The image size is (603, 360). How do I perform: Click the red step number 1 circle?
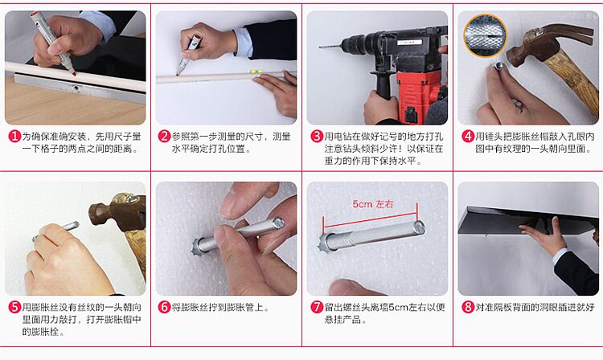14,137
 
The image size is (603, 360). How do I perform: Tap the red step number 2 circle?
164,137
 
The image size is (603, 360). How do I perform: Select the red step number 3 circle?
316,137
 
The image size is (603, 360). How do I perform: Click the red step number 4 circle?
467,137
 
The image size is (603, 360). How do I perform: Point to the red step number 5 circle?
14,307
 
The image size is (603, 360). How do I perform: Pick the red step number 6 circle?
164,307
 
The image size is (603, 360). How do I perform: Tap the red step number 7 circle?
316,307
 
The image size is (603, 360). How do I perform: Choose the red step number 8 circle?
467,307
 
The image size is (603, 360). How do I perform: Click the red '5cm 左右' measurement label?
373,204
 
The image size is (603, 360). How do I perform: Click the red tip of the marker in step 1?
73,72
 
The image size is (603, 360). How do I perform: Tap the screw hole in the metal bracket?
76,88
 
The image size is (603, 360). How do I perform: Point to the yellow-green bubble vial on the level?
256,71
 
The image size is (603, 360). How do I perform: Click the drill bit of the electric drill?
330,47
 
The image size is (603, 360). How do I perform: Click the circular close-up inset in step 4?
485,35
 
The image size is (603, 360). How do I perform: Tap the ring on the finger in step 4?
517,104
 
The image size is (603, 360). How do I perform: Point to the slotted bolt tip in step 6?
278,223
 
